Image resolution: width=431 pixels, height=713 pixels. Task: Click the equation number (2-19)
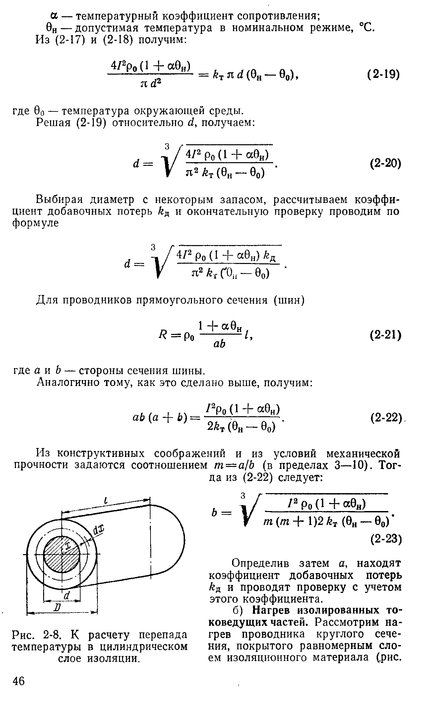coord(384,74)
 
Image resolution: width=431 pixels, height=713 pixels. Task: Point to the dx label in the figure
coord(98,531)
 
